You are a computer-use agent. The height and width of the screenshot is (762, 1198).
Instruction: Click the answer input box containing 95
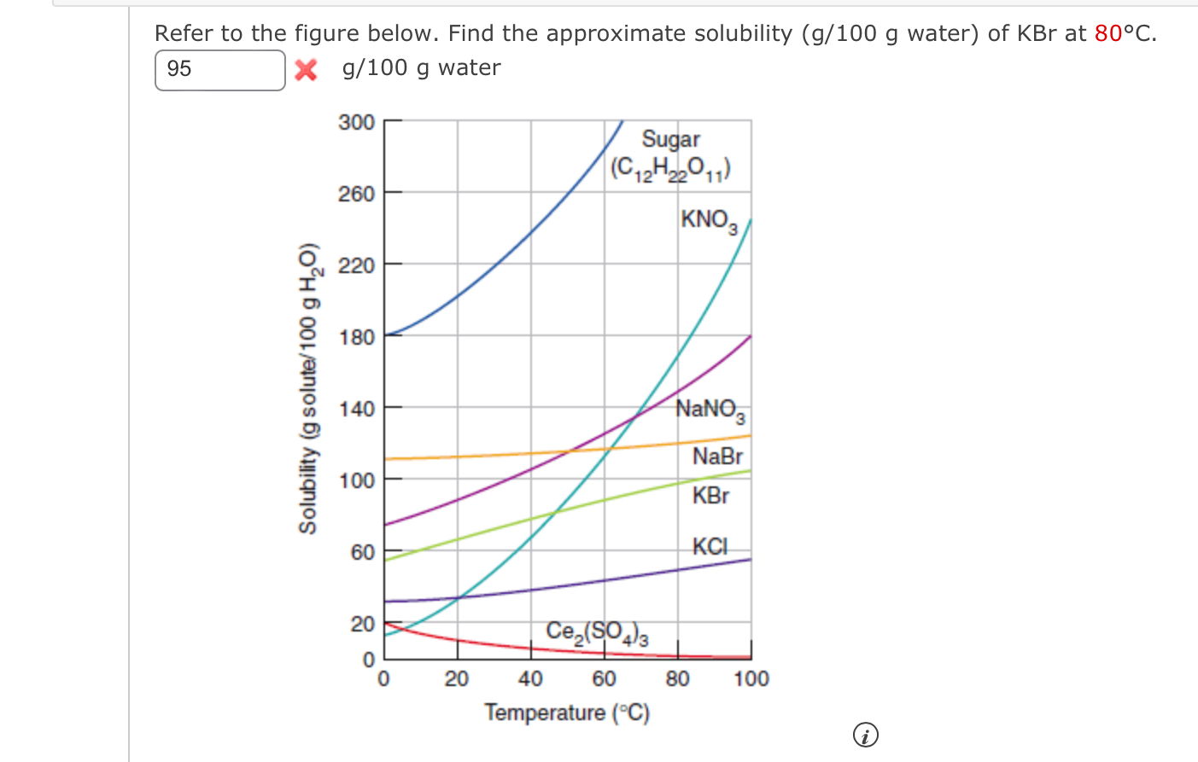pos(219,70)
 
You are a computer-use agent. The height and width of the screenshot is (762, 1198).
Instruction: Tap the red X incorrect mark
pos(306,70)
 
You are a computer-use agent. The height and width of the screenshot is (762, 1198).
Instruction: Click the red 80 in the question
pos(1108,33)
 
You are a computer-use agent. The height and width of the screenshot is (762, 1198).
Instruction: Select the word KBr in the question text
pos(1037,33)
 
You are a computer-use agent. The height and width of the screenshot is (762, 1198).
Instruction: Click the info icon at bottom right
pos(865,735)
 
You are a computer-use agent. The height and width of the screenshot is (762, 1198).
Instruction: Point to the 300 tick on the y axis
pos(357,122)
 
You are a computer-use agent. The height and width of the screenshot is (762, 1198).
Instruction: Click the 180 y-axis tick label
pos(357,337)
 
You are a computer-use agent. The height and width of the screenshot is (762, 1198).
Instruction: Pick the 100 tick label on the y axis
pos(357,480)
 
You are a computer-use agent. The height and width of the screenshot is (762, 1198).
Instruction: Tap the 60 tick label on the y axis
pos(363,552)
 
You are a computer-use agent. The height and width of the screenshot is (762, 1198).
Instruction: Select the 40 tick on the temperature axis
pos(530,679)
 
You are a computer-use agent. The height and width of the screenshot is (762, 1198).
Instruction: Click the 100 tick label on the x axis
pos(751,679)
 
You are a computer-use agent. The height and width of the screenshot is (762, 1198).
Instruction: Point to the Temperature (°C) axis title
pos(567,713)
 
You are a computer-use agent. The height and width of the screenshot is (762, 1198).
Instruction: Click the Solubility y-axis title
pos(308,388)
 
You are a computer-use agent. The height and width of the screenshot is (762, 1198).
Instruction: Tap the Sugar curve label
pos(670,139)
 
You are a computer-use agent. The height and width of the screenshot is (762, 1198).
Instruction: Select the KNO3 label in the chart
pos(708,220)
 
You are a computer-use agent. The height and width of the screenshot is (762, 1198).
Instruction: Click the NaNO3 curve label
pos(710,410)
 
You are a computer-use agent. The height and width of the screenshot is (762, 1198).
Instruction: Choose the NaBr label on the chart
pos(717,457)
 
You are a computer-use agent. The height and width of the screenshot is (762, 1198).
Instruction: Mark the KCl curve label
pos(710,546)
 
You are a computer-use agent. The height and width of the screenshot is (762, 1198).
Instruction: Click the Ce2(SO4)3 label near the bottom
pos(597,632)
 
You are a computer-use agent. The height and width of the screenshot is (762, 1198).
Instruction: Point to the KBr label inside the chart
pos(710,496)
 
